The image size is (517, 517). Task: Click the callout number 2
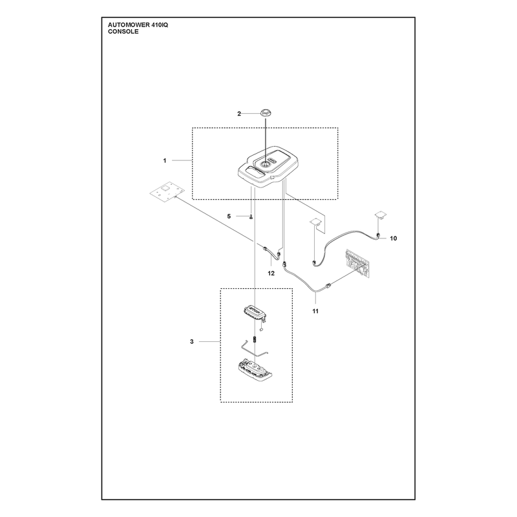click(x=239, y=114)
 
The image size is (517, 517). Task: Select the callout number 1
click(x=165, y=160)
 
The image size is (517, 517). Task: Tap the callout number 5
click(x=229, y=216)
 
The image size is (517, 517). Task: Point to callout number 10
click(x=394, y=238)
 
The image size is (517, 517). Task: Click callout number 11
click(x=315, y=311)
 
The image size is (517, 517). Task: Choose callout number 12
click(x=271, y=273)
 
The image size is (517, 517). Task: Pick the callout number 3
click(x=191, y=342)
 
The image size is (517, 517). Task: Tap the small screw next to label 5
click(x=251, y=216)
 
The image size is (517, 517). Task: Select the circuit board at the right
click(x=357, y=263)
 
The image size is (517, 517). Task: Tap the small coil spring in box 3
click(x=255, y=339)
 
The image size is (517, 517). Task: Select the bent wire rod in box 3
click(x=255, y=350)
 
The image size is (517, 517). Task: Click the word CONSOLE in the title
click(x=123, y=32)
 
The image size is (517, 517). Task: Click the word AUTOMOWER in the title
click(x=126, y=25)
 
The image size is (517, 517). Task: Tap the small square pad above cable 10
click(x=381, y=215)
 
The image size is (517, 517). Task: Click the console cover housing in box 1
click(x=269, y=167)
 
